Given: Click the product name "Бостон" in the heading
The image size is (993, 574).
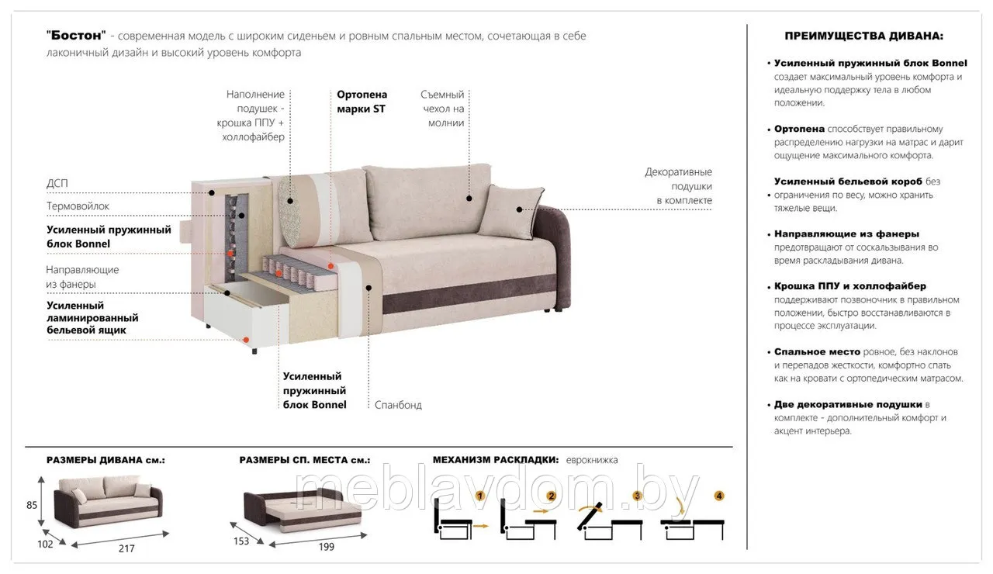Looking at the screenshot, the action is coord(76,36).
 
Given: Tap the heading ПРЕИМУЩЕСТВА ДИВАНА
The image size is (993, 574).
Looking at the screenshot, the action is coord(864,36).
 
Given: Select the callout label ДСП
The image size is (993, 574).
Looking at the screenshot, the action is coord(57,183).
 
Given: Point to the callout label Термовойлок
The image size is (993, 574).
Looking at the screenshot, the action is coord(78,206).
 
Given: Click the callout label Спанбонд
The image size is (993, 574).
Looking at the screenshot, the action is coord(398,405).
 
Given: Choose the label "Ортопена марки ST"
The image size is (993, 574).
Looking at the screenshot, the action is coord(362,102).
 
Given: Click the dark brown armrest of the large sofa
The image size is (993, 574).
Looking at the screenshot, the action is coord(555,257).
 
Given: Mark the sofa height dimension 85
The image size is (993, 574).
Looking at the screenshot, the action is coord(32,505).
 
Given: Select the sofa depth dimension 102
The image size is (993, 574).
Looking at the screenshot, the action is coord(45,544).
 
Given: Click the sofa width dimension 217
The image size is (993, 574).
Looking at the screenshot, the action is coord(126,548).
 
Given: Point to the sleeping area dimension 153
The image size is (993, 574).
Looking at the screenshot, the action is coord(241,541).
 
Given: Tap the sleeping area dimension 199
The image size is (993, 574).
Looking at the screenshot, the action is coord(327,547).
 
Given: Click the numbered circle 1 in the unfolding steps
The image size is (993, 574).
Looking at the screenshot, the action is coord(480,496).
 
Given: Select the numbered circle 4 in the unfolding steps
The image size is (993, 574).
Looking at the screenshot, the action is coord(719,496).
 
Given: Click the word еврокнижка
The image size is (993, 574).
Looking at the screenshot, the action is coord(592,460).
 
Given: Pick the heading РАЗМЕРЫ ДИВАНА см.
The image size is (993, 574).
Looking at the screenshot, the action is coord(106,460).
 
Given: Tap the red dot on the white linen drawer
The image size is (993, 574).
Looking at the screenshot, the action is coord(246,340).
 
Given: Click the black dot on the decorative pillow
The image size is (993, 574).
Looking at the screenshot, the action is coord(519,209).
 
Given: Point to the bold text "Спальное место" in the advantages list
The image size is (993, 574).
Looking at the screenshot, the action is coord(817,351).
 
